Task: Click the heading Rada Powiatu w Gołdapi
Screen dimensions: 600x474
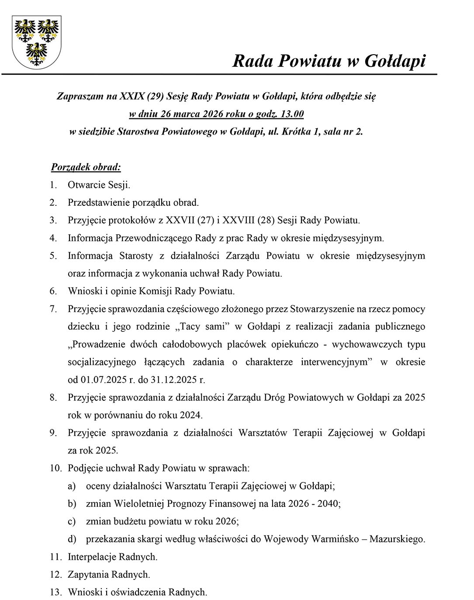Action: [x=329, y=61]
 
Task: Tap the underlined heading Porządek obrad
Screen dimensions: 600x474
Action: [x=86, y=167]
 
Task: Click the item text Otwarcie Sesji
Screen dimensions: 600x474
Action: [x=99, y=185]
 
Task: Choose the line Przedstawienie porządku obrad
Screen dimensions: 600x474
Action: [x=133, y=202]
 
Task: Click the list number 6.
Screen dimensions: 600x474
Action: [x=53, y=291]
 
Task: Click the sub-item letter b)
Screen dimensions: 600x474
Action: [x=72, y=503]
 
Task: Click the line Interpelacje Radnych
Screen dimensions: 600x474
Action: [x=112, y=557]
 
